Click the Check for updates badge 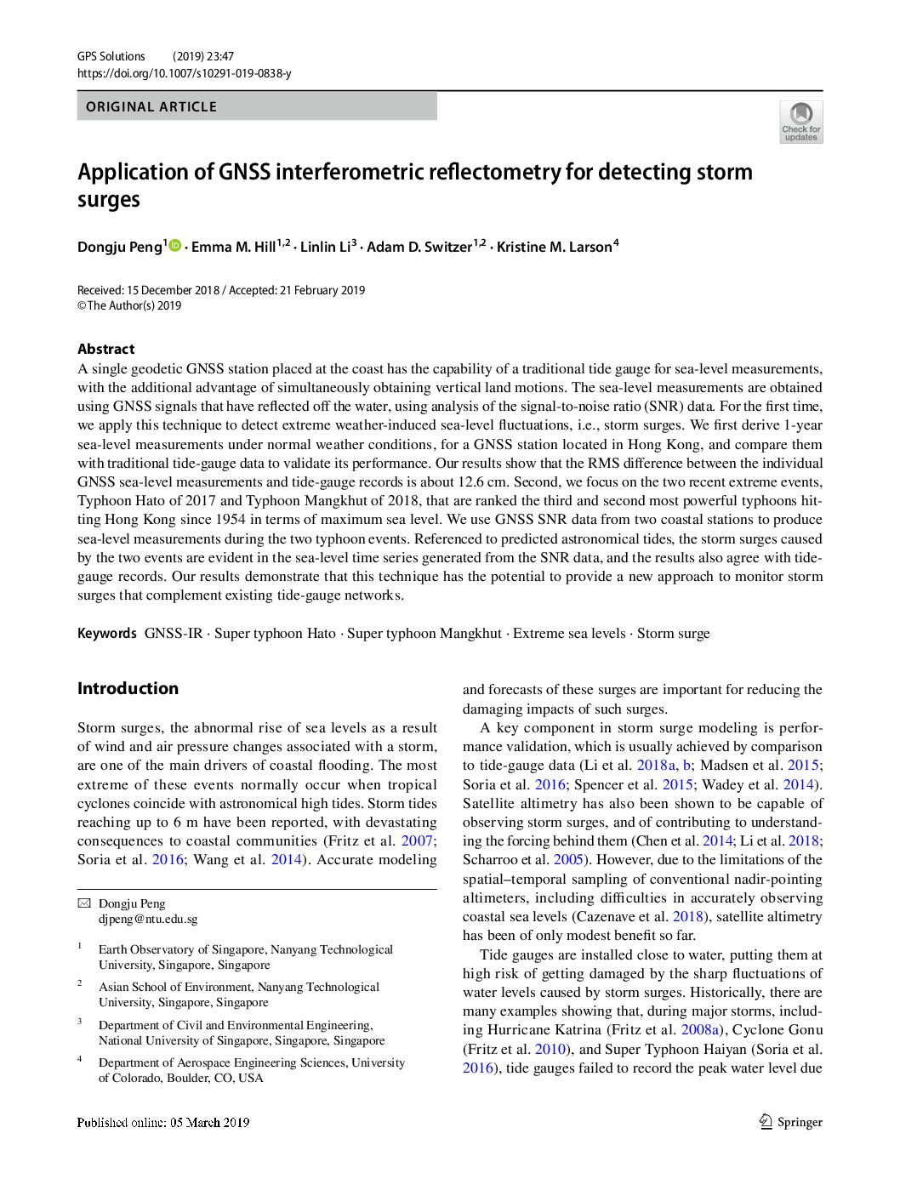(x=800, y=122)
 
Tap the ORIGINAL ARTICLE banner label (x=151, y=107)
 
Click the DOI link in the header (x=184, y=74)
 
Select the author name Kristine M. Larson (x=554, y=248)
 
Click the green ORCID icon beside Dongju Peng (x=175, y=246)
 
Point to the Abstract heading (x=105, y=349)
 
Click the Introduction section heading (x=128, y=688)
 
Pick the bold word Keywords (x=107, y=634)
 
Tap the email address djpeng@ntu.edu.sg (x=148, y=919)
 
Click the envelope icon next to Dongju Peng (x=83, y=903)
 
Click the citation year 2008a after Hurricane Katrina (x=700, y=1030)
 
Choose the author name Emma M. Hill (x=233, y=248)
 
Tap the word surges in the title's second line (x=109, y=201)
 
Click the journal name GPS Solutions (x=111, y=56)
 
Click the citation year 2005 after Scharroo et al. (x=568, y=860)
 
